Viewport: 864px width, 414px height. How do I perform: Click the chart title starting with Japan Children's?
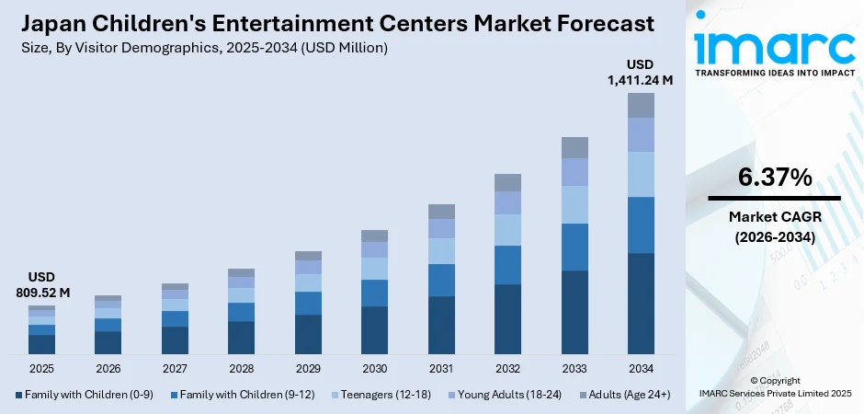[x=336, y=23]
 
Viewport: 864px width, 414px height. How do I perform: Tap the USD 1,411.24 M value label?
[x=640, y=73]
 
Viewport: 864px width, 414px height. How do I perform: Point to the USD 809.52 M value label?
[x=41, y=285]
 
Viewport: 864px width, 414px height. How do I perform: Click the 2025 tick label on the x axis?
[x=41, y=369]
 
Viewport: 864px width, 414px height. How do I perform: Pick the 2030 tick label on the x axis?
[x=374, y=369]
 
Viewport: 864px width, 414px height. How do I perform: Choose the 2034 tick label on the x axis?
[x=641, y=369]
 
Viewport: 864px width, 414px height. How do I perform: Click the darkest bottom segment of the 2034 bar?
[x=641, y=304]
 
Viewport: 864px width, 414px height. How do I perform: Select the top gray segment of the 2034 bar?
[x=641, y=105]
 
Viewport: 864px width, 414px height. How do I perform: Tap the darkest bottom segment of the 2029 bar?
[x=308, y=334]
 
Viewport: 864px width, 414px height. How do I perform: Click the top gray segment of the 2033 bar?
[x=574, y=147]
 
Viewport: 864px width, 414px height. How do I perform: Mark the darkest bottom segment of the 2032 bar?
[x=507, y=319]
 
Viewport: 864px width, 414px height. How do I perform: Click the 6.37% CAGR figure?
[x=774, y=178]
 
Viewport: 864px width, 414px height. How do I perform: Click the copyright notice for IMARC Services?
[x=775, y=387]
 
